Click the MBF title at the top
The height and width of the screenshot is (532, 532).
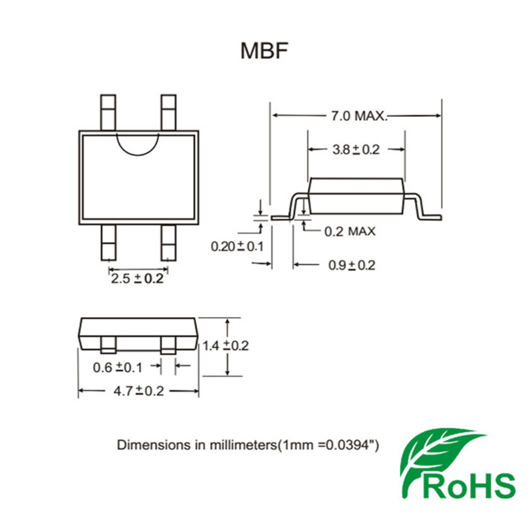(x=265, y=51)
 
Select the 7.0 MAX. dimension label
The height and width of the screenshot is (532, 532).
(x=358, y=116)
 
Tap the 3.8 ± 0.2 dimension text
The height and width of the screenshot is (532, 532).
(x=355, y=150)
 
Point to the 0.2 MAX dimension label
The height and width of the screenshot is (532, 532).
(x=350, y=231)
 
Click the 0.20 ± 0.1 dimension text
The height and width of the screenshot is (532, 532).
(x=237, y=247)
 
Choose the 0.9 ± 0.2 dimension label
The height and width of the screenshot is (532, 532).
(x=351, y=265)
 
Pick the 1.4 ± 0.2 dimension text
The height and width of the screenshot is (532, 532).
(x=225, y=346)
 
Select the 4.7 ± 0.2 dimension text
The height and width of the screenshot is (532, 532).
(x=138, y=391)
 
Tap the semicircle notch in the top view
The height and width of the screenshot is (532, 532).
(x=138, y=140)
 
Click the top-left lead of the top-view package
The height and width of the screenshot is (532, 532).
(x=108, y=111)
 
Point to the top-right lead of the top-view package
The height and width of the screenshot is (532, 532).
(x=169, y=111)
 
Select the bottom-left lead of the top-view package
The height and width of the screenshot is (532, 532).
(x=108, y=243)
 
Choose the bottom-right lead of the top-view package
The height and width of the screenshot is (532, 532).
(x=169, y=243)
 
